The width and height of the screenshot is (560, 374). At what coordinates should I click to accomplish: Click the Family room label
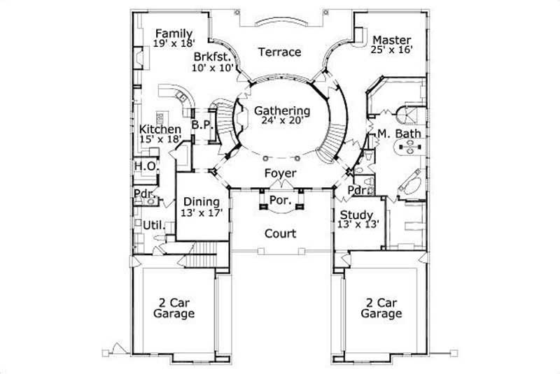(173, 33)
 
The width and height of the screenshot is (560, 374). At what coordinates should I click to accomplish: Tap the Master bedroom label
(391, 39)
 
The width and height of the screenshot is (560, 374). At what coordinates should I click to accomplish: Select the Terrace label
(279, 52)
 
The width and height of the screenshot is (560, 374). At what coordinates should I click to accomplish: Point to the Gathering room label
(282, 110)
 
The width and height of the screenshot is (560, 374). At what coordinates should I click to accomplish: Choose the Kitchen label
(160, 129)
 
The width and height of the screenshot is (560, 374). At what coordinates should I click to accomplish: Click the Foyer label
(280, 173)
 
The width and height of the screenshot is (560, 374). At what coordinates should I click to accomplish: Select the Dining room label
(202, 202)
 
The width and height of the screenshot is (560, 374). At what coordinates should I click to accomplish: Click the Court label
(280, 233)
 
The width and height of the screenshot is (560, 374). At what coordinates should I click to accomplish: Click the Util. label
(153, 225)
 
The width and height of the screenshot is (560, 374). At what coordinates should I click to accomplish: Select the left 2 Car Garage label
(174, 308)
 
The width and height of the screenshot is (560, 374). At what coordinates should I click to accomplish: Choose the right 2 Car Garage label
(381, 308)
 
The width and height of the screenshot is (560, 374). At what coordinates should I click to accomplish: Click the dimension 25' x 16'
(391, 50)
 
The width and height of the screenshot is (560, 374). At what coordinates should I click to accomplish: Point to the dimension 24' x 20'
(282, 121)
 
